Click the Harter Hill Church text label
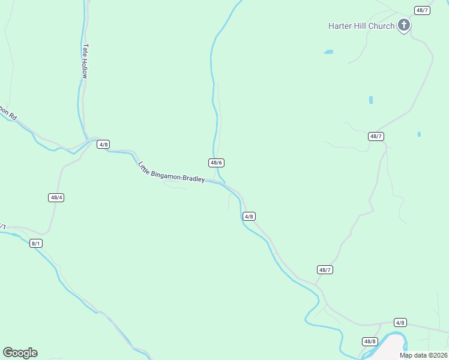pyautogui.click(x=361, y=26)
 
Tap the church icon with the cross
pyautogui.click(x=404, y=25)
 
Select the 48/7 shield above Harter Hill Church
pyautogui.click(x=422, y=10)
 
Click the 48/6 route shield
pyautogui.click(x=217, y=163)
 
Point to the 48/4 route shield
pyautogui.click(x=56, y=197)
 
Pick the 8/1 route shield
pyautogui.click(x=36, y=243)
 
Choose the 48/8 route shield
pyautogui.click(x=370, y=341)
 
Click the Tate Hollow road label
pyautogui.click(x=85, y=61)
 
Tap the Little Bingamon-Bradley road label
pyautogui.click(x=171, y=172)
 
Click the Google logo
pyautogui.click(x=20, y=353)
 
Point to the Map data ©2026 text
pyautogui.click(x=423, y=355)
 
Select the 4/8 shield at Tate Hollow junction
pyautogui.click(x=103, y=145)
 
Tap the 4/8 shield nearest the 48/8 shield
pyautogui.click(x=400, y=322)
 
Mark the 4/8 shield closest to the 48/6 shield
pyautogui.click(x=249, y=216)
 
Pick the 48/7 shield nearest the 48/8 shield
pyautogui.click(x=325, y=270)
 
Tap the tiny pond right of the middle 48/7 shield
pyautogui.click(x=419, y=134)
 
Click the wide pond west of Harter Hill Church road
pyautogui.click(x=328, y=52)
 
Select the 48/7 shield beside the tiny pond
pyautogui.click(x=376, y=136)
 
